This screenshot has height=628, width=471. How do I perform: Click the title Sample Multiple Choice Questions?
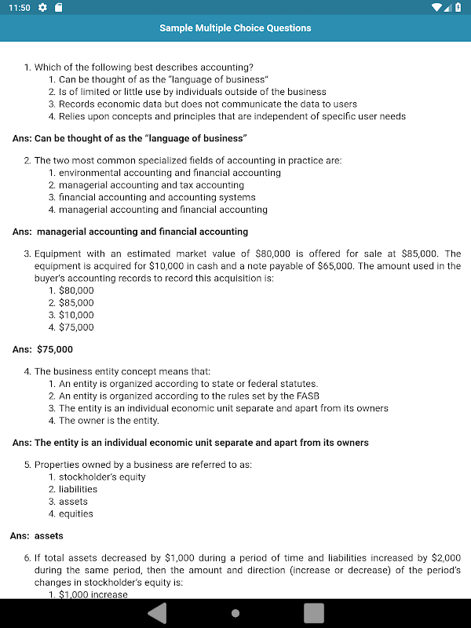coord(235,28)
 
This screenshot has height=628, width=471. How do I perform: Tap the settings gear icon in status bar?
coord(42,7)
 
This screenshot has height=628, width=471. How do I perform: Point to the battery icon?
coord(458,7)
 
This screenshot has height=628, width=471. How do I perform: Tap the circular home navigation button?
coord(235,613)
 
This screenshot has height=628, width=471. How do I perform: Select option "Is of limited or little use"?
coord(192,92)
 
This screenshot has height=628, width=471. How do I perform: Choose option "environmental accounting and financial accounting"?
coord(170,173)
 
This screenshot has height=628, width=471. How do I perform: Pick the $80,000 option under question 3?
coord(76,290)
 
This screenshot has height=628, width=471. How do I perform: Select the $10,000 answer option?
coord(76,315)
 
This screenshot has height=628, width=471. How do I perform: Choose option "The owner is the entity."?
coord(109,421)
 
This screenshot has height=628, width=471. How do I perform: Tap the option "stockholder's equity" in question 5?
coord(102,476)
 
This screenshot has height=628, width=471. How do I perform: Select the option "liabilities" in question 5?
coord(78,489)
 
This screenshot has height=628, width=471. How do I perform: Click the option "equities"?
coord(76,513)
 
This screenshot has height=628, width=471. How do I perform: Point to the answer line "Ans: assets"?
coord(37,536)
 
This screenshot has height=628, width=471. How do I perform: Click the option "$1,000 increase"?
coord(93,594)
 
